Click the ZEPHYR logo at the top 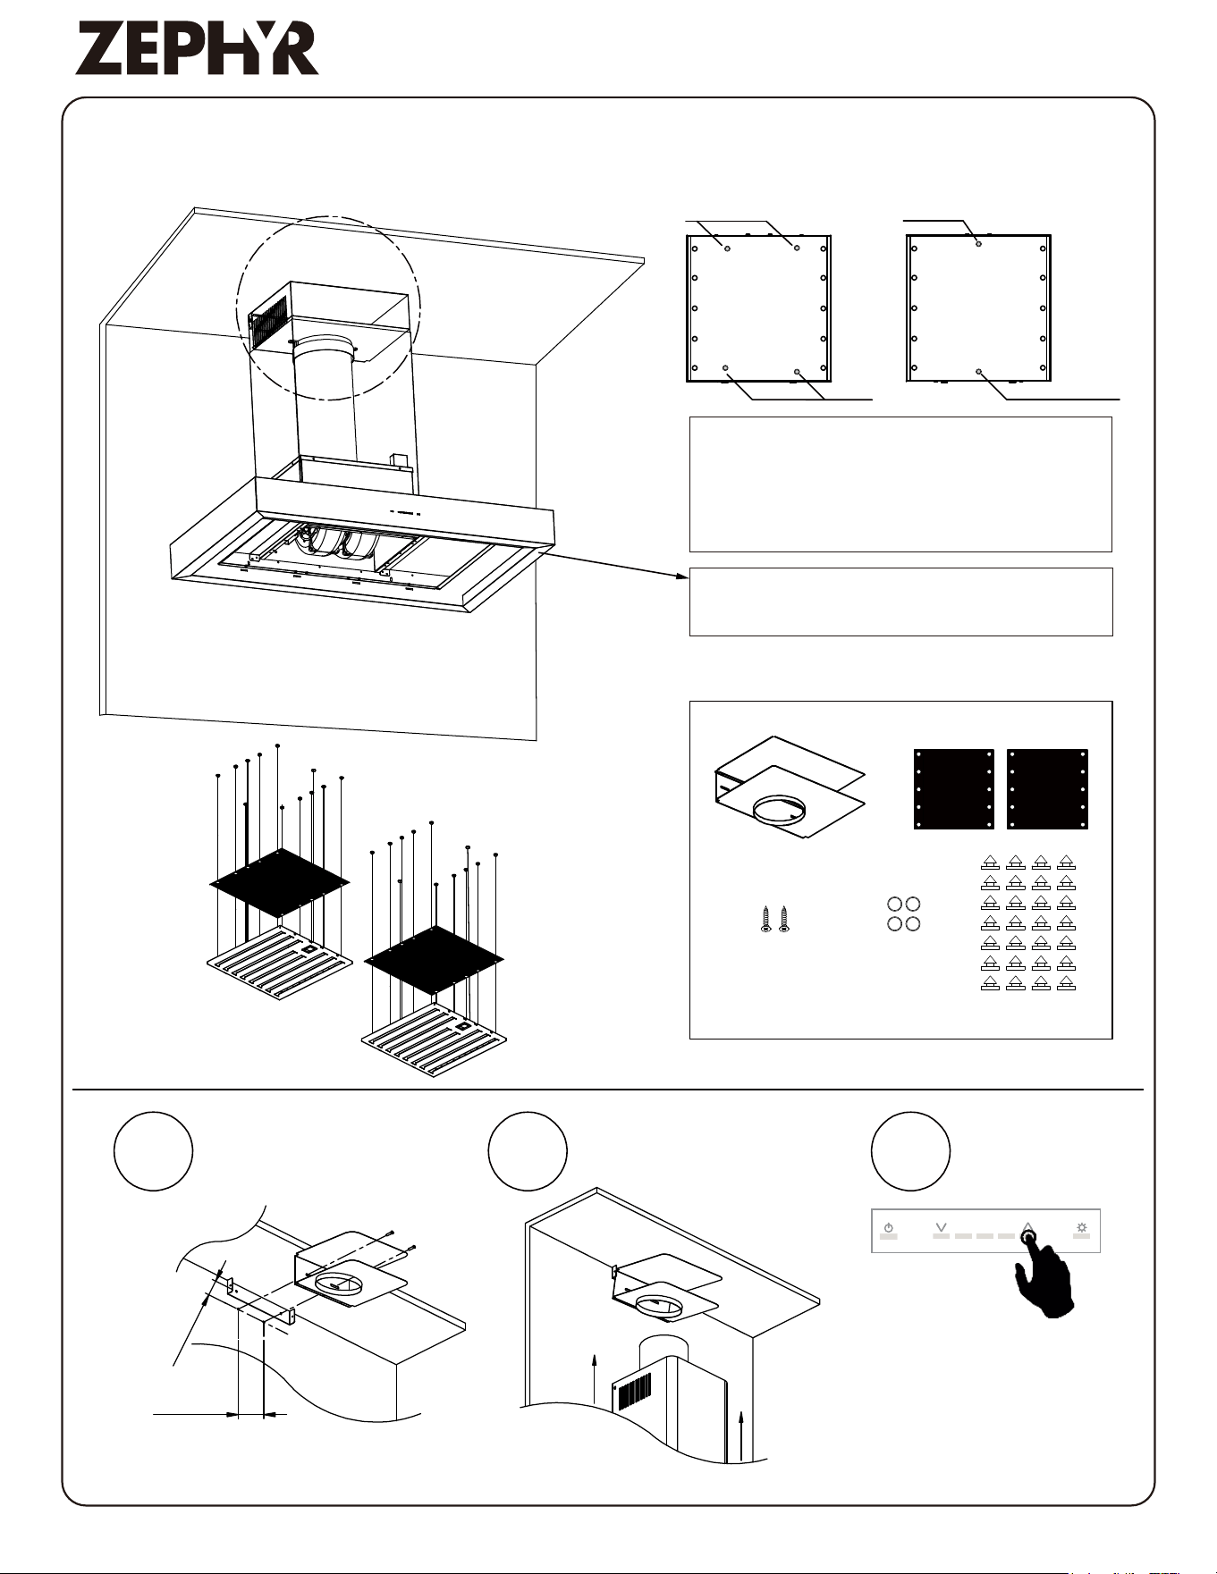(197, 49)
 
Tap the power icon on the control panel (888, 1228)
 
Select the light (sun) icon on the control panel (1082, 1228)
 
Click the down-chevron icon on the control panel (941, 1227)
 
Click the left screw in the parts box (766, 920)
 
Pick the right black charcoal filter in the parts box (1047, 789)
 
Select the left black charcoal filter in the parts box (954, 789)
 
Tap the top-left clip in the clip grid (990, 863)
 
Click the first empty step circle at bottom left (154, 1151)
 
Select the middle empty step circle (528, 1151)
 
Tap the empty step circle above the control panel (910, 1151)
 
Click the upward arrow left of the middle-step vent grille (594, 1380)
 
